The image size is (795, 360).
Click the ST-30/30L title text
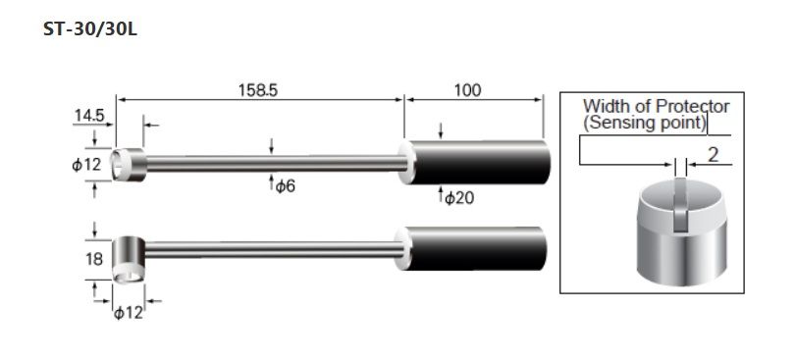90,29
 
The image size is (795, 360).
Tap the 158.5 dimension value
258,90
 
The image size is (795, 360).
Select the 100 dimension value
467,90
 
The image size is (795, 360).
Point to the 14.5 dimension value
89,116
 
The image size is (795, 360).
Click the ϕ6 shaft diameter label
286,186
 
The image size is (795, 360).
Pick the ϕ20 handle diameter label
459,198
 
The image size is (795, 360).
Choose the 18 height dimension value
95,259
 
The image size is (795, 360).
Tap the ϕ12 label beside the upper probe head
87,165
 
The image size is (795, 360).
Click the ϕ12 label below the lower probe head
129,313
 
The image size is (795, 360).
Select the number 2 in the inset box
713,155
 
